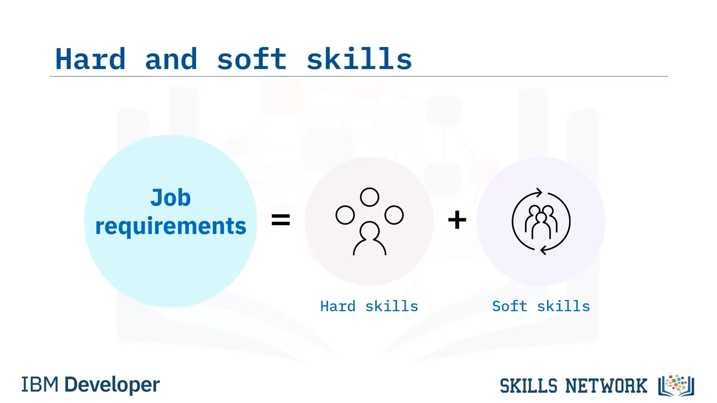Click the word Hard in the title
90,59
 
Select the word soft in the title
252,59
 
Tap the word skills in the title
359,59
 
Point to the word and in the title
171,59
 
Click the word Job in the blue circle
171,198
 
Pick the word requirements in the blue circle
171,226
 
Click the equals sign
281,220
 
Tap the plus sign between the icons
457,220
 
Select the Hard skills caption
369,306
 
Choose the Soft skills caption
541,306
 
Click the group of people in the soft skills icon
541,222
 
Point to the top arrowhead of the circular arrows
539,193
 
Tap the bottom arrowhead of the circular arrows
543,250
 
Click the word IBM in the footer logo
40,384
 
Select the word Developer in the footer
112,385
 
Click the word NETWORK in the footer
607,386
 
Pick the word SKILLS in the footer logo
529,386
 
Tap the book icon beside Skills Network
676,386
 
